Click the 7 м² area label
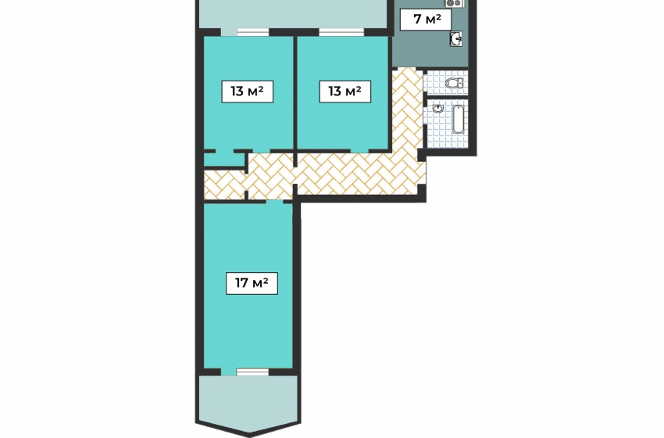pos(426,20)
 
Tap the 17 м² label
pos(252,283)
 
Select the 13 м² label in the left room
pos(248,92)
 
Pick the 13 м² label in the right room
pos(344,92)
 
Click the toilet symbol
pos(455,83)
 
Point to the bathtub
pos(459,119)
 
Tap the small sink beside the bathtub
pos(438,109)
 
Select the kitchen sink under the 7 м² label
pos(456,39)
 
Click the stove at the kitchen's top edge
pos(454,3)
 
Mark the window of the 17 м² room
pos(252,372)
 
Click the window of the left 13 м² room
pos(253,32)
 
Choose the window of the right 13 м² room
pos(341,32)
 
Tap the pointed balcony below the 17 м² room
pos(248,404)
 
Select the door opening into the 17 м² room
pos(274,201)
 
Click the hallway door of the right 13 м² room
pos(359,150)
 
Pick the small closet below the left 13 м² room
pos(224,159)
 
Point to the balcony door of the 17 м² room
pos(229,372)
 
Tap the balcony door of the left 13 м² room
pos(229,32)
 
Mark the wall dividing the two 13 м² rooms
pos(295,93)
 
